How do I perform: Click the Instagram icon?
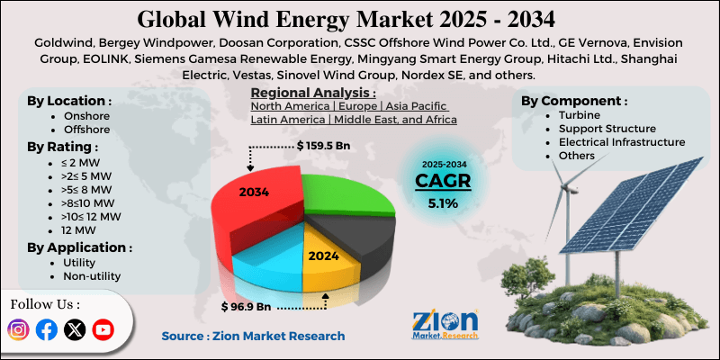(18, 329)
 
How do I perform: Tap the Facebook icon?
(47, 329)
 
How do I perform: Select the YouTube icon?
(103, 329)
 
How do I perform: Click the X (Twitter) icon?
(75, 329)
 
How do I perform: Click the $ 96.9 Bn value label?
(248, 307)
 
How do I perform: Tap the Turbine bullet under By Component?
(580, 115)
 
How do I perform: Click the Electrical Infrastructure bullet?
(621, 141)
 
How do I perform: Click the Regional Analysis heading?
(312, 93)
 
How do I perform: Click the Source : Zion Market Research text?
(253, 336)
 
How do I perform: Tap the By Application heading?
(79, 247)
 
